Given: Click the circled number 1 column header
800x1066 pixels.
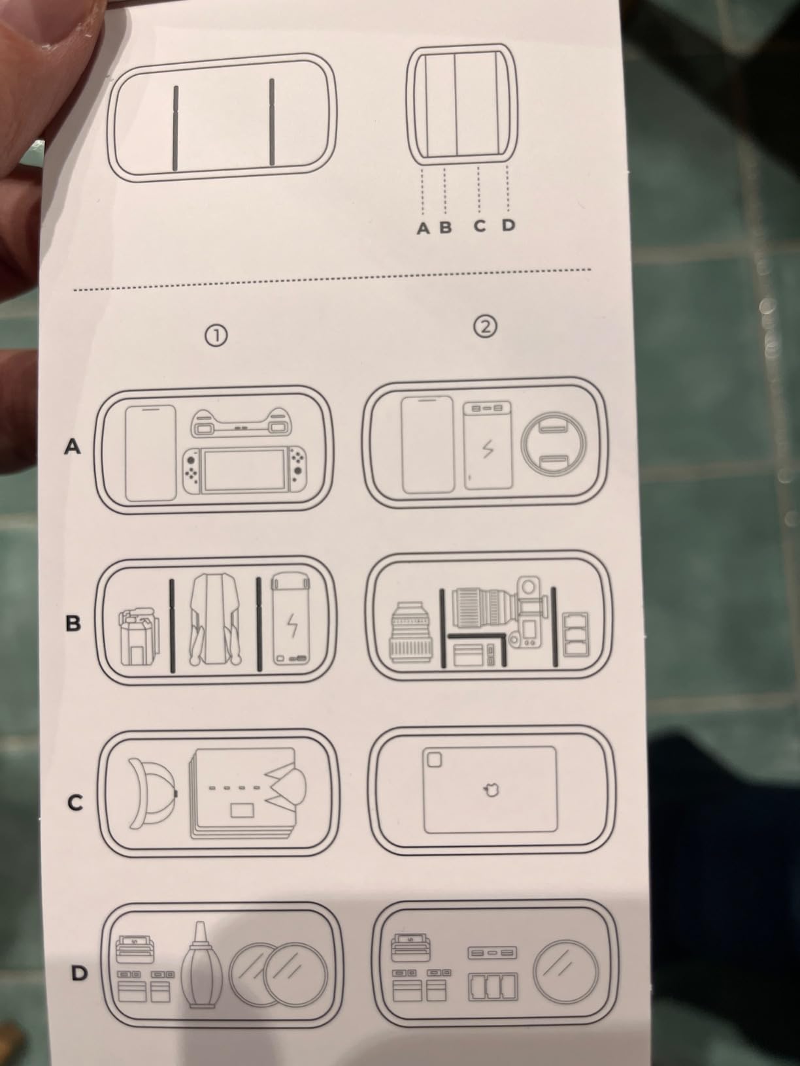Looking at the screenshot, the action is [x=216, y=335].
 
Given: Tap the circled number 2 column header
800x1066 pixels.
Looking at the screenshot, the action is [x=485, y=327].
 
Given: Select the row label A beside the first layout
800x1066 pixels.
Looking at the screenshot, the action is [x=73, y=446].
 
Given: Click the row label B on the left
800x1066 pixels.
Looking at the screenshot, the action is [x=73, y=623].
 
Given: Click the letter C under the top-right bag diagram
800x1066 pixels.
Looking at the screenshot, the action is [x=480, y=226].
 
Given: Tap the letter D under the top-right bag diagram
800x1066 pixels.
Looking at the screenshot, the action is [x=508, y=225].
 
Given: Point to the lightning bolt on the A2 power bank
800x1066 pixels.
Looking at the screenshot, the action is [x=488, y=449].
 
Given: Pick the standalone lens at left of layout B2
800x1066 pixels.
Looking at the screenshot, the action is [x=411, y=632].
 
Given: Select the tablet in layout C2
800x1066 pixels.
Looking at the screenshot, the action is [x=490, y=789].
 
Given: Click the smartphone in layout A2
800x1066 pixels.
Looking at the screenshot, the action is [x=427, y=445].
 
